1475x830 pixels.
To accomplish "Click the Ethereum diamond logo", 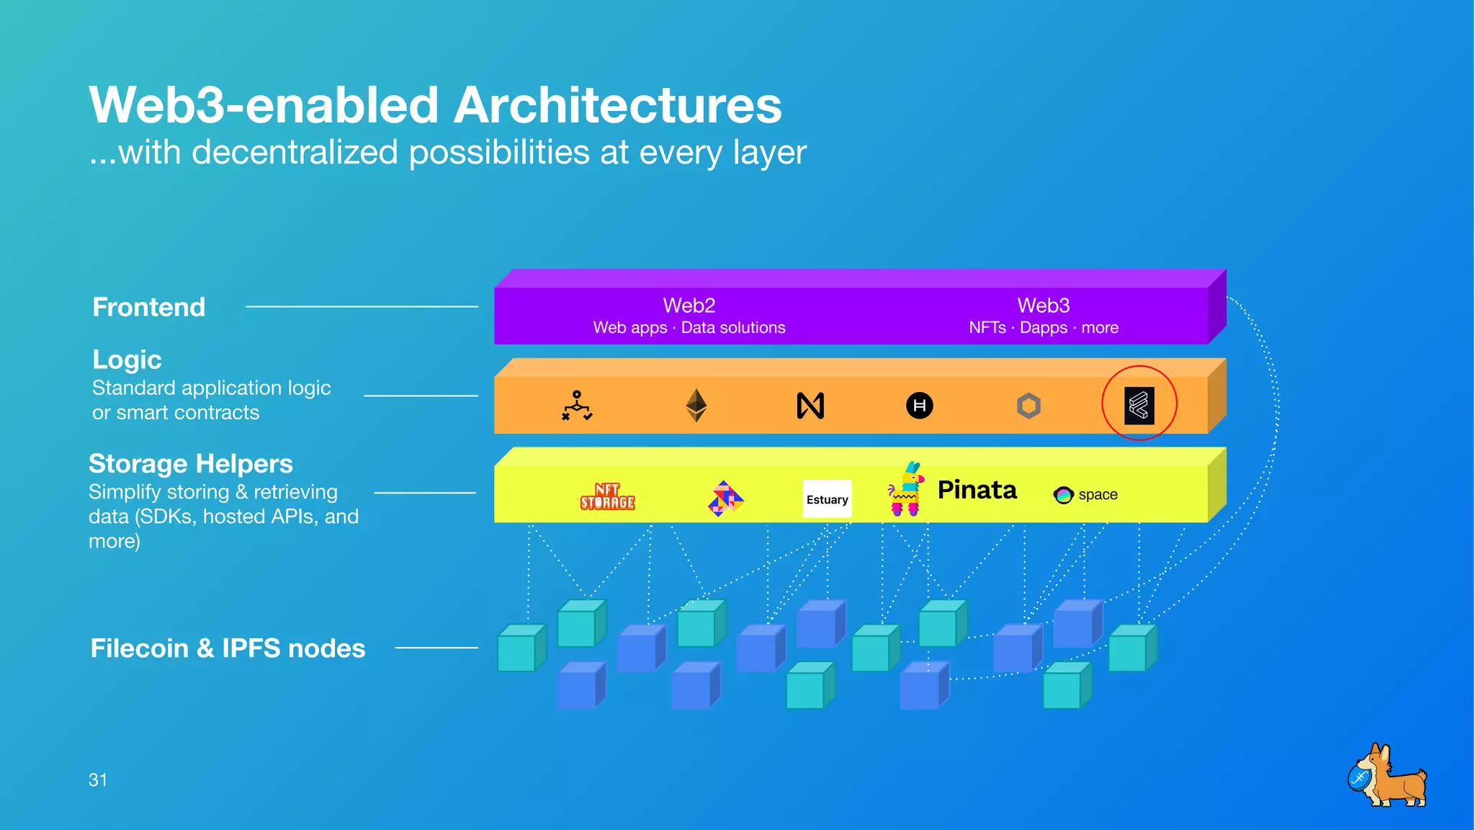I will point(696,405).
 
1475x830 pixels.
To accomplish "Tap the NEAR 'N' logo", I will point(810,406).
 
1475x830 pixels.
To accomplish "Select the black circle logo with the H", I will point(919,406).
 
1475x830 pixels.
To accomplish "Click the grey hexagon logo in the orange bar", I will point(1028,406).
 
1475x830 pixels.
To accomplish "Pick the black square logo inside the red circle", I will point(1139,405).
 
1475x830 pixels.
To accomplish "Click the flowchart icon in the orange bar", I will point(577,406).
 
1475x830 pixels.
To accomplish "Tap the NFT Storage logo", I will point(607,496).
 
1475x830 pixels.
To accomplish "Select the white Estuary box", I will point(827,499).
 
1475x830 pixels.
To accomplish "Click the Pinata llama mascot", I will point(906,490).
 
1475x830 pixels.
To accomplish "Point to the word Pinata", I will point(977,490).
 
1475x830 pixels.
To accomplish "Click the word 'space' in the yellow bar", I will point(1098,495).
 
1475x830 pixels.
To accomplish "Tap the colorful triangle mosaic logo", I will point(725,499).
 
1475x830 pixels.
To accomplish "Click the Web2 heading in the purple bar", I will point(689,305).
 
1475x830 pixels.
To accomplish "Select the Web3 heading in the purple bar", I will point(1043,305).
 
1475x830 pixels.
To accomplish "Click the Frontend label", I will point(149,307).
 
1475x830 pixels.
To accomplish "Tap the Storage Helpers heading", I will point(191,463).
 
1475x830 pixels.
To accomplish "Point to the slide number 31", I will point(98,780).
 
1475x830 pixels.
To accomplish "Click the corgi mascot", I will point(1387,777).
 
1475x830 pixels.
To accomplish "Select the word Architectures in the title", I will point(617,105).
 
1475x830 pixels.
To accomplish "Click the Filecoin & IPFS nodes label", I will point(228,648).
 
